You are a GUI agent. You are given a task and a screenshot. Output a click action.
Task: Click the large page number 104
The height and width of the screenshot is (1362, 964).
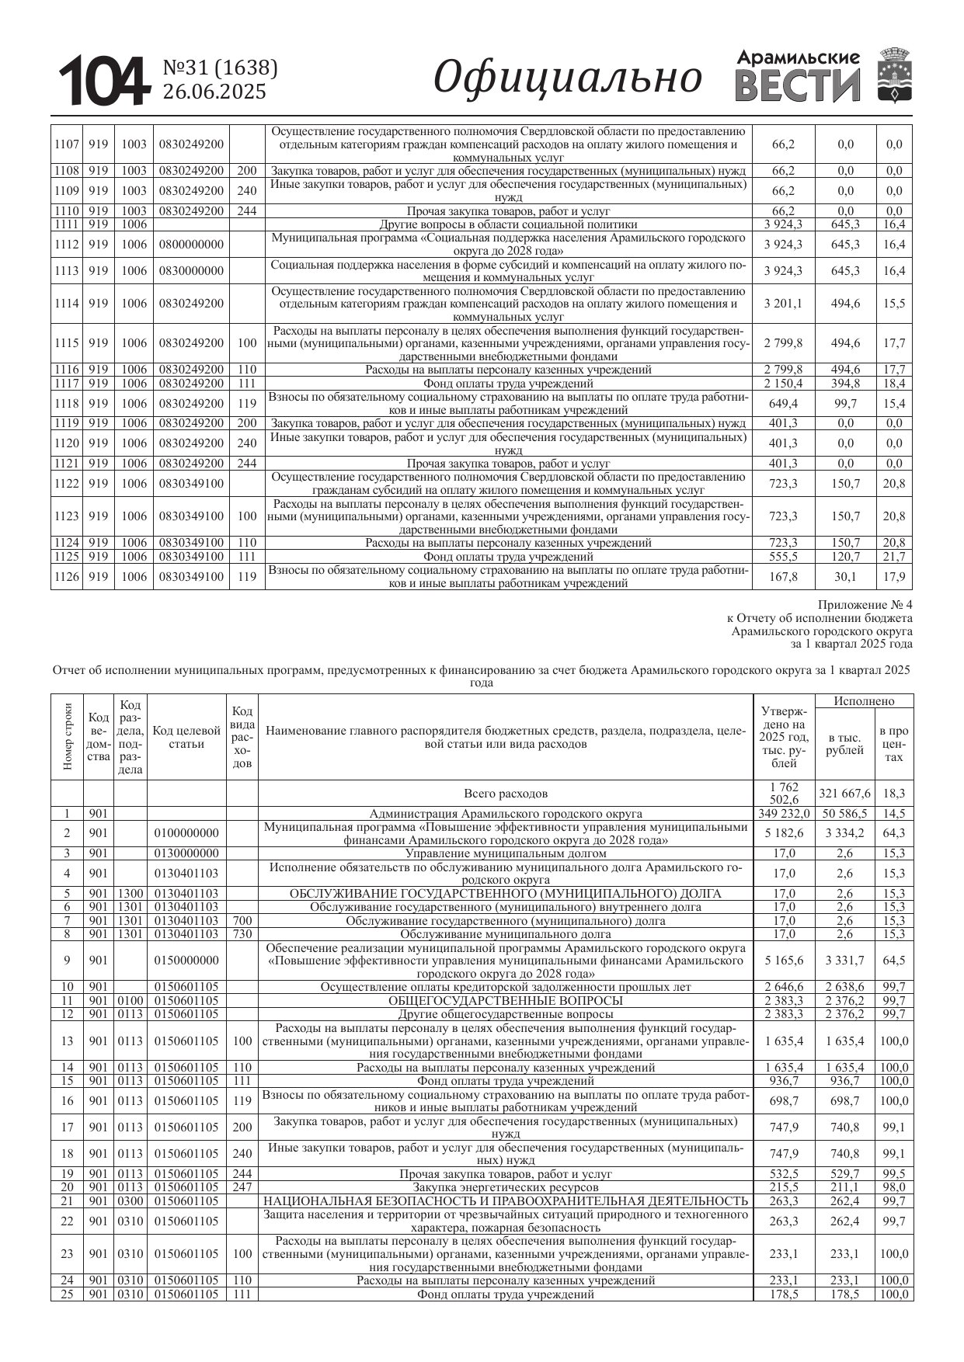(x=104, y=82)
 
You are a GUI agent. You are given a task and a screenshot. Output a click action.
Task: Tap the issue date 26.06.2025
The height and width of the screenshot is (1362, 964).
(x=214, y=92)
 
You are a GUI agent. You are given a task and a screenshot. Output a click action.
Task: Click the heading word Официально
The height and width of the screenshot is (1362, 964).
(x=567, y=78)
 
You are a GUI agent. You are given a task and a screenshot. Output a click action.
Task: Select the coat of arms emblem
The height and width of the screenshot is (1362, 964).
(x=895, y=75)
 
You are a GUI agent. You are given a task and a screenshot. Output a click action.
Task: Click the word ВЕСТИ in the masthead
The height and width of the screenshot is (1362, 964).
(x=797, y=85)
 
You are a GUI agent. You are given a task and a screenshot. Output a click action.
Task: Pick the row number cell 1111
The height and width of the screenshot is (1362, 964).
(x=67, y=224)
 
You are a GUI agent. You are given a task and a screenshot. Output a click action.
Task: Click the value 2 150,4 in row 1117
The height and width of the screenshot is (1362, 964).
(x=783, y=384)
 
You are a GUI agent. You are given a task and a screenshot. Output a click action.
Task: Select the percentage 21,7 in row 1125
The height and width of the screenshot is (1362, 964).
(x=894, y=557)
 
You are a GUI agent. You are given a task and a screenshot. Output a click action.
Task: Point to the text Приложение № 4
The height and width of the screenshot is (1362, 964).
(x=865, y=605)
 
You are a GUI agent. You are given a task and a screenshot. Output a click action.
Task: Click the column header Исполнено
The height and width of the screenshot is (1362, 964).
(x=864, y=701)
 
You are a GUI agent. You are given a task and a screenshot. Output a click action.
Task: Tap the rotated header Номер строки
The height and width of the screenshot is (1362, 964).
(x=68, y=737)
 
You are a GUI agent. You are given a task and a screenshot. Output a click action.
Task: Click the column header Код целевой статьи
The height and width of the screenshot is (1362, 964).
(x=186, y=737)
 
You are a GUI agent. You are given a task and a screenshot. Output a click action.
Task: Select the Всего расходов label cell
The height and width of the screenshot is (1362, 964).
(x=506, y=794)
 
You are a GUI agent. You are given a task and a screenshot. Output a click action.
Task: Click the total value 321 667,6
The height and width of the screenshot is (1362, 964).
(x=845, y=794)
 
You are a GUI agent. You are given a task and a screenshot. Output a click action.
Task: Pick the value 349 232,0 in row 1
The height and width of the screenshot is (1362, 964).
(x=783, y=814)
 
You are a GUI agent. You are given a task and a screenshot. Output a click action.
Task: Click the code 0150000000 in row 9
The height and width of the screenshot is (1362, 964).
(x=186, y=961)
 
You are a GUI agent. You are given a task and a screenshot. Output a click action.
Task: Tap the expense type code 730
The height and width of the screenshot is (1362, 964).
(x=242, y=934)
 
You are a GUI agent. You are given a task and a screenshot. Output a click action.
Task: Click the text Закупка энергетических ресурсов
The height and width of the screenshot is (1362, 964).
(x=506, y=1187)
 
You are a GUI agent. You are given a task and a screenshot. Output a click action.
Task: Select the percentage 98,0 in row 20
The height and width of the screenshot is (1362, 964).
(x=894, y=1187)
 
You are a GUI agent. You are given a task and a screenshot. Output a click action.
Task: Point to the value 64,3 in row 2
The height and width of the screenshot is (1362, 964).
(x=894, y=833)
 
